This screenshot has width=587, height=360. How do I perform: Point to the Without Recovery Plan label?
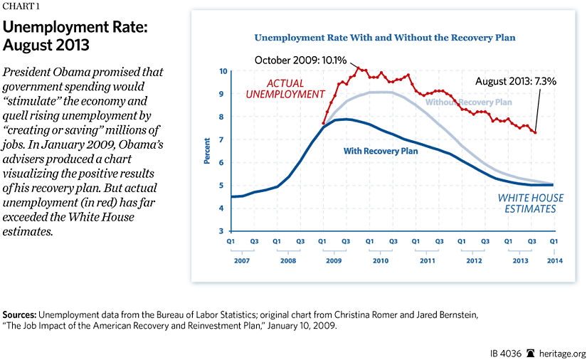click(x=468, y=102)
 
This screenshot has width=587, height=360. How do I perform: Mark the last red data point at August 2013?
click(x=535, y=132)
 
